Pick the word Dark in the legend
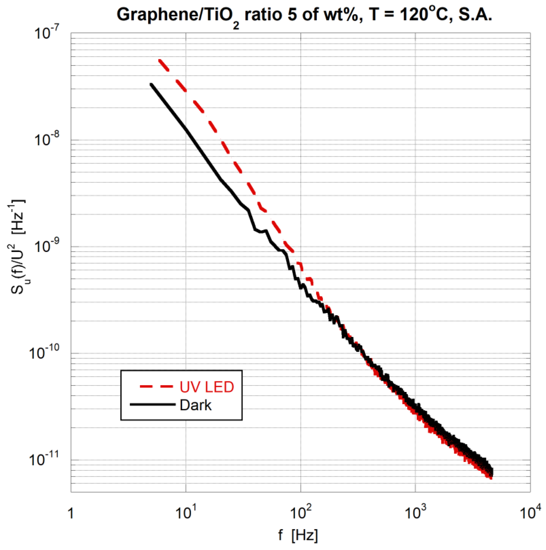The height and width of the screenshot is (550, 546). (x=196, y=405)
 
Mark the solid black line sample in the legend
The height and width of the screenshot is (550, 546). (x=153, y=405)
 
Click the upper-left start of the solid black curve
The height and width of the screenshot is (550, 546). (x=151, y=84)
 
